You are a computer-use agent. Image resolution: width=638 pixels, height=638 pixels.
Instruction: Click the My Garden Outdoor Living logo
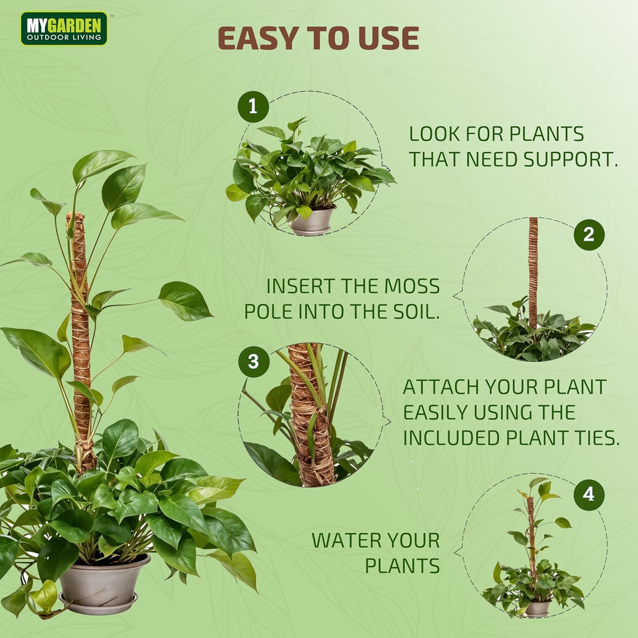point(64,28)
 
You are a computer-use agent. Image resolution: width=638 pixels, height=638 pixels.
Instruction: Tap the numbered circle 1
point(253,106)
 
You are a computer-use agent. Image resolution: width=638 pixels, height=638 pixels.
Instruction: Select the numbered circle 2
point(589,234)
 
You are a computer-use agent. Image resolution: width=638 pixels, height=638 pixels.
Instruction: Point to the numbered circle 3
point(253,362)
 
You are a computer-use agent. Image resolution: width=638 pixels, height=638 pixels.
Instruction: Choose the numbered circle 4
point(589,494)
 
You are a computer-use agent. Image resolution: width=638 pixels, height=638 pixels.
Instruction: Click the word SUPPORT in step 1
point(570,159)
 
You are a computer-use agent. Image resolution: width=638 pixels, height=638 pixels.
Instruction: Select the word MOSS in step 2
point(412,286)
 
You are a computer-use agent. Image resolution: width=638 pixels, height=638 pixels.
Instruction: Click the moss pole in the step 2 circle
point(533,272)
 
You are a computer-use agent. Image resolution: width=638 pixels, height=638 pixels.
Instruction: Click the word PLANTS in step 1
point(547,134)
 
